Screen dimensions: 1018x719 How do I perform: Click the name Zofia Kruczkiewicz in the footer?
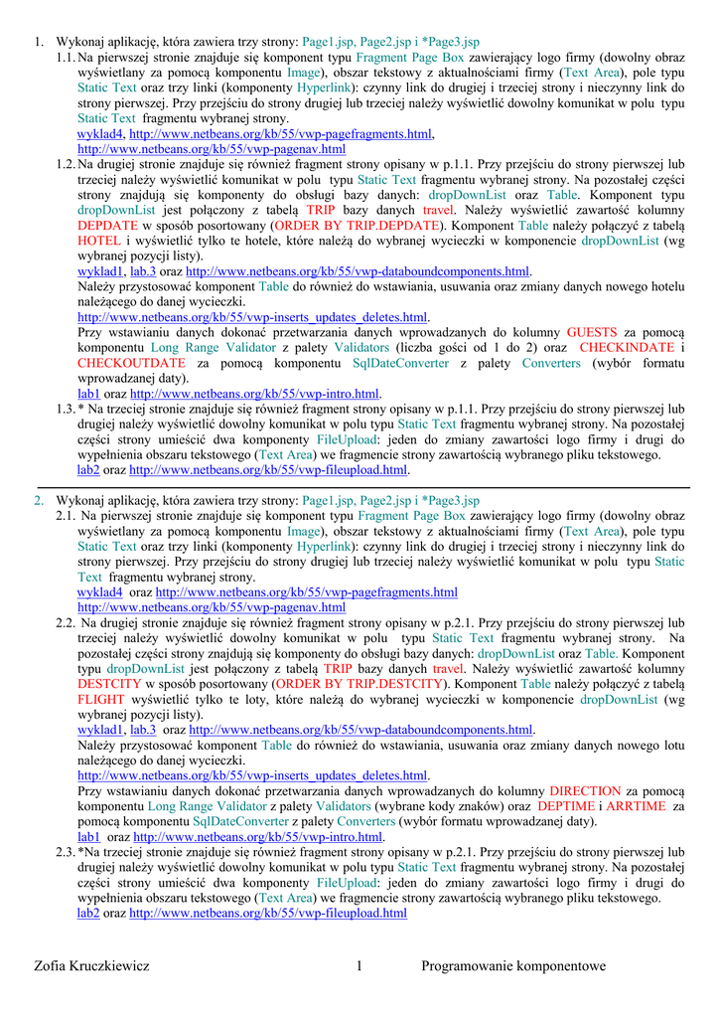coord(91,965)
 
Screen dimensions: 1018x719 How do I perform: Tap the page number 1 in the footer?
coord(359,965)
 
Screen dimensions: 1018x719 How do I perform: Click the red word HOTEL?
coord(99,241)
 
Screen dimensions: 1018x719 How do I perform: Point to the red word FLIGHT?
coord(101,699)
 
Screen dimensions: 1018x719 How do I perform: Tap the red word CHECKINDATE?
coord(627,347)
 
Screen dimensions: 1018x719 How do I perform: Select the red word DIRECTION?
coord(585,790)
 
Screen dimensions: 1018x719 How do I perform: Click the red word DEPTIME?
coord(566,805)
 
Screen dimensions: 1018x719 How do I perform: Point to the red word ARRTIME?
coord(636,805)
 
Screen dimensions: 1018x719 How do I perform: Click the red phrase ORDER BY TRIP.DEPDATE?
coord(357,226)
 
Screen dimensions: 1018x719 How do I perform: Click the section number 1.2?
coord(66,164)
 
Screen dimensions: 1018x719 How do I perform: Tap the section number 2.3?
coord(66,852)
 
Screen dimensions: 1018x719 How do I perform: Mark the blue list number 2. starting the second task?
coord(39,500)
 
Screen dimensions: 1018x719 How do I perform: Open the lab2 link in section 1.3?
coord(88,469)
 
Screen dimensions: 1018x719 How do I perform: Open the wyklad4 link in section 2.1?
coord(99,592)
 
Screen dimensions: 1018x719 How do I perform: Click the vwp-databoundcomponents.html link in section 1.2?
coord(358,271)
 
